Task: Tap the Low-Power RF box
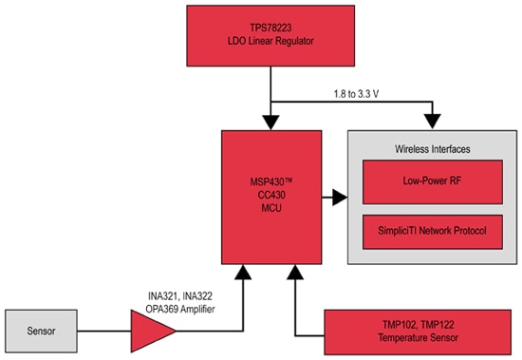(432, 181)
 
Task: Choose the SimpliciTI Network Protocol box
(432, 231)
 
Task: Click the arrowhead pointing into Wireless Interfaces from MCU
(340, 199)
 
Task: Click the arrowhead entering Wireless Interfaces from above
(432, 122)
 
